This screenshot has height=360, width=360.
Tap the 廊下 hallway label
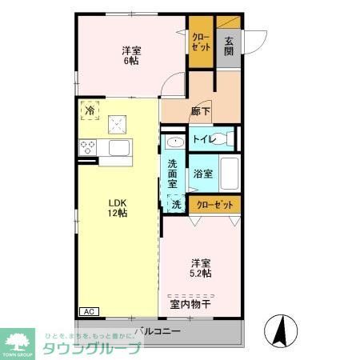click(201, 111)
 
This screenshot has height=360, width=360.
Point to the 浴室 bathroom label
click(202, 174)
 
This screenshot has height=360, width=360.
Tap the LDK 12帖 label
click(118, 207)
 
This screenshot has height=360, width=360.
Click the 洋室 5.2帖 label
click(201, 268)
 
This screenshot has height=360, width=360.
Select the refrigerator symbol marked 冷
click(90, 111)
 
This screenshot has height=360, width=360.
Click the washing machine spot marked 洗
click(176, 204)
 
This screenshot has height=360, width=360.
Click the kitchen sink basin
click(119, 148)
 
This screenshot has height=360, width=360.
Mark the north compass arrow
click(281, 329)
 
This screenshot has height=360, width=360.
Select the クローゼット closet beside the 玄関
click(200, 41)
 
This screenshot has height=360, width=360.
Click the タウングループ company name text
click(90, 349)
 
